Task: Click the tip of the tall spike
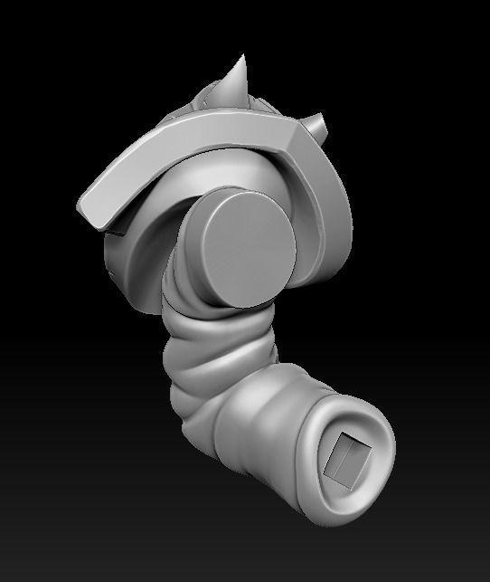click(x=243, y=57)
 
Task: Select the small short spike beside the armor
click(x=318, y=122)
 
